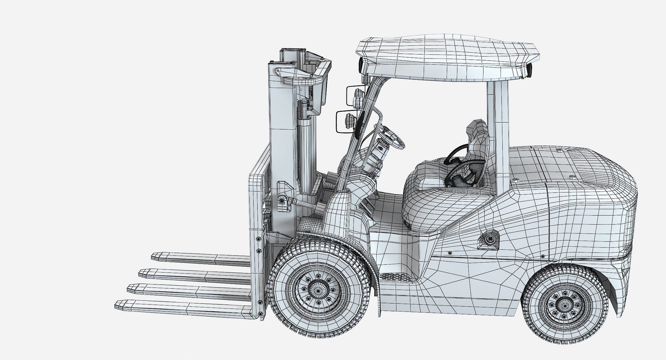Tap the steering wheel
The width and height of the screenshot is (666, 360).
tap(394, 137)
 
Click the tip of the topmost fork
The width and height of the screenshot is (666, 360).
tap(155, 257)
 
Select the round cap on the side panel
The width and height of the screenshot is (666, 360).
tap(489, 239)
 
